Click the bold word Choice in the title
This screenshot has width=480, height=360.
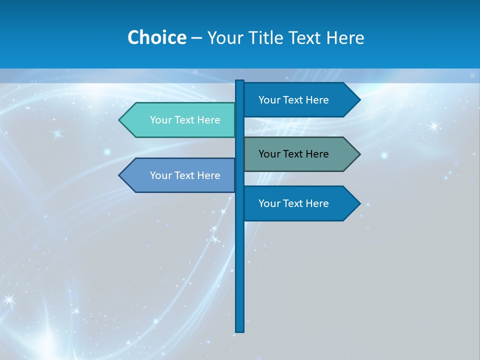click(156, 37)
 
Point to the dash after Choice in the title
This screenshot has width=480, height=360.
click(196, 38)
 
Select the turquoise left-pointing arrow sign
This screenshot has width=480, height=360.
click(180, 120)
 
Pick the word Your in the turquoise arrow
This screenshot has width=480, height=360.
click(161, 120)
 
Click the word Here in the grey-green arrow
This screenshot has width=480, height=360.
click(317, 154)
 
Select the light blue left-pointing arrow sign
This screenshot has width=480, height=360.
click(180, 175)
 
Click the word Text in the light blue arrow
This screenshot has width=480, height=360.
click(185, 175)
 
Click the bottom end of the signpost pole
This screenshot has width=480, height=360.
click(240, 329)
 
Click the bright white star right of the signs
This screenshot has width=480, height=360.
click(433, 126)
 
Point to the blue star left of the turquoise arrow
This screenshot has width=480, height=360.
click(57, 133)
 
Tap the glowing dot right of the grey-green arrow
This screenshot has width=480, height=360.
click(384, 155)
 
